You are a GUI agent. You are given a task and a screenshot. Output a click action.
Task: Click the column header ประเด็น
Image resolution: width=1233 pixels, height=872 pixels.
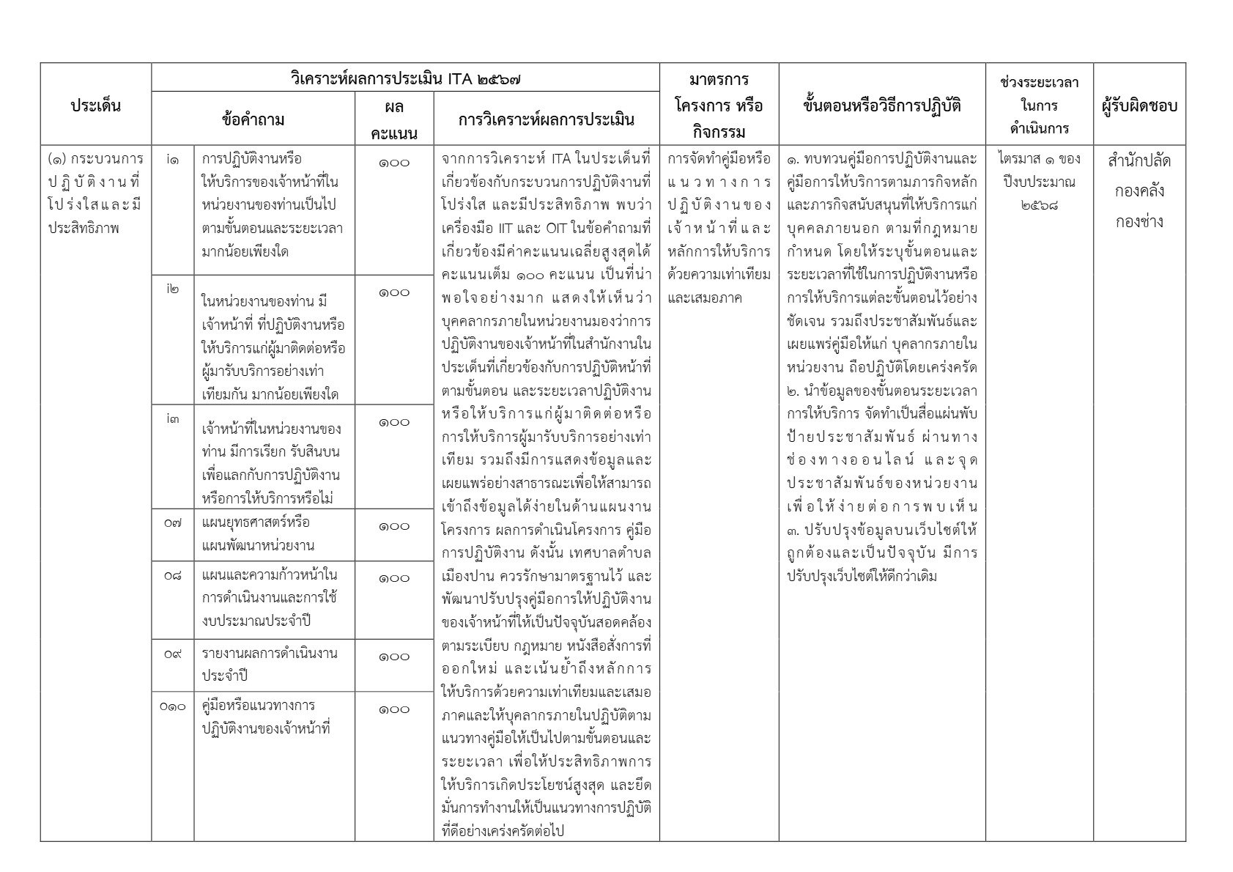coord(95,105)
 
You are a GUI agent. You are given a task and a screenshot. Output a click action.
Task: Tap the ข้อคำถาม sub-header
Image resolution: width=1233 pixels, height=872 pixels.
coord(253,119)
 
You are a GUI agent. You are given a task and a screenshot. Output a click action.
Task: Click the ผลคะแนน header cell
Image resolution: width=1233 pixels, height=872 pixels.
coord(394,119)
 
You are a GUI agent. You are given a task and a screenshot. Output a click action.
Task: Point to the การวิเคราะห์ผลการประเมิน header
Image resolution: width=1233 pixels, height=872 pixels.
coord(547,119)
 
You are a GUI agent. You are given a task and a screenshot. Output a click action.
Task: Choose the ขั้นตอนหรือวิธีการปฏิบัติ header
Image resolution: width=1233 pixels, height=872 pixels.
coord(881,105)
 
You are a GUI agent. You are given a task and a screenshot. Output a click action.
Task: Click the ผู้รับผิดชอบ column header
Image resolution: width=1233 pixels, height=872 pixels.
coord(1139,106)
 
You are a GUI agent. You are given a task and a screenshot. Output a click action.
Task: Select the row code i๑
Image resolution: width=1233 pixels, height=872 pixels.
coord(172,159)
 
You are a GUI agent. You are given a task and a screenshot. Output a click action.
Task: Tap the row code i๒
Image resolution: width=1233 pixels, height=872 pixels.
coord(172,289)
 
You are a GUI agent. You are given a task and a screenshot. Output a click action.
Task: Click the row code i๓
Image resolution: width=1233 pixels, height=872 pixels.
coord(172,418)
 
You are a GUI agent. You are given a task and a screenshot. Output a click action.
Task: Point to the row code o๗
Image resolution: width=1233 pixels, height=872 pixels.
coord(172,522)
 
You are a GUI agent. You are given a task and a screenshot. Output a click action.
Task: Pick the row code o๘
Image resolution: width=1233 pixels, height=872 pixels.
coord(172,575)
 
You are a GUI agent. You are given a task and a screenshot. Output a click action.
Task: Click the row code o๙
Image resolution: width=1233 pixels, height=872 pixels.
coord(172,654)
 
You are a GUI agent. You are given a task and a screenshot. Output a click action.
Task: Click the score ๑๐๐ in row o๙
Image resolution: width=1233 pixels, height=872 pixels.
coord(394,657)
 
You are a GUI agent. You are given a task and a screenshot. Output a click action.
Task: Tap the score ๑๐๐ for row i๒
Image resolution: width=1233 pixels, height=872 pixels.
coord(394,293)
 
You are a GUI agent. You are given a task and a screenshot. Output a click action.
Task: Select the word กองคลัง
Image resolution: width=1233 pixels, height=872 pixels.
coord(1139,191)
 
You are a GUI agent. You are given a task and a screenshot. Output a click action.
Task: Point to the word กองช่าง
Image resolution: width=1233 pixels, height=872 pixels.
coord(1139,221)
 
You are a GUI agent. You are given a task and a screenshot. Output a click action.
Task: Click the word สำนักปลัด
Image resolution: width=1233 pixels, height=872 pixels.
coord(1139,161)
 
